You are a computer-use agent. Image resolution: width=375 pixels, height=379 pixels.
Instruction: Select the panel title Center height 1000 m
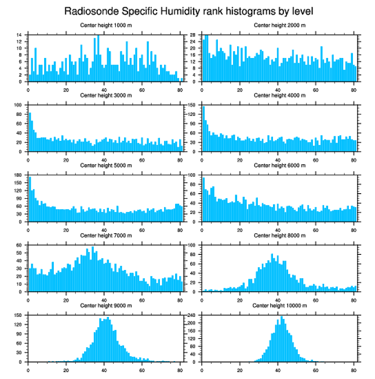tap(106, 25)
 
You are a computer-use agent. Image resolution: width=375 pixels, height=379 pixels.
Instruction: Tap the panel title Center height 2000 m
tap(279, 25)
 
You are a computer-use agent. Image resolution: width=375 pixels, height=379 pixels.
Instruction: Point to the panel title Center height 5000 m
tap(106, 165)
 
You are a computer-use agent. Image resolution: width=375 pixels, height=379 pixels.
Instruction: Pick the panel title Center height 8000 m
tap(279, 235)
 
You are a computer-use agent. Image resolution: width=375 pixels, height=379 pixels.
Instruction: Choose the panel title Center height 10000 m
tap(279, 305)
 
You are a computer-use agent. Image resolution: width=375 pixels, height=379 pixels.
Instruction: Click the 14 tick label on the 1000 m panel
tap(19, 35)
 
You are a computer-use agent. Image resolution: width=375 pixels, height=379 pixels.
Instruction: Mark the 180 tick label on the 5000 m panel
tap(18, 175)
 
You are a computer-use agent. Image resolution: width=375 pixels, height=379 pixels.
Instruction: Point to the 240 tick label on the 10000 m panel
tap(192, 315)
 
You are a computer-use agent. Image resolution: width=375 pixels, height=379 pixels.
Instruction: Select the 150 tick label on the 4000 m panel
tap(192, 105)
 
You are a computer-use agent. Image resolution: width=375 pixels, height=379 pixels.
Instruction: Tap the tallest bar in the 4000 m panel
tap(204, 129)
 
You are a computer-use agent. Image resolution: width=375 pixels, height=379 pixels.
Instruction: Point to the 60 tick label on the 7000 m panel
tap(19, 245)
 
